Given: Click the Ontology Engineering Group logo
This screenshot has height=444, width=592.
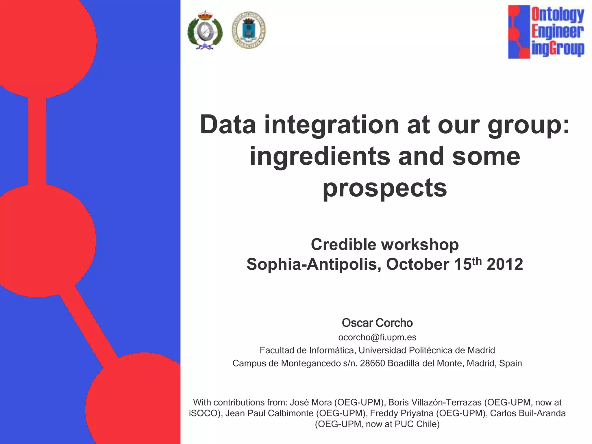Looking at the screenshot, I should click(546, 32).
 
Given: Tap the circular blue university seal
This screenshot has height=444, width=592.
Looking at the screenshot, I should click(249, 30).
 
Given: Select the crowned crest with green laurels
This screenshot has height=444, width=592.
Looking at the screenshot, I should click(205, 31).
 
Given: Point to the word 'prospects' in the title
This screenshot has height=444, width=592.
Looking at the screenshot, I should click(384, 188).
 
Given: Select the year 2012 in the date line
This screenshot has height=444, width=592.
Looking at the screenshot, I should click(505, 264).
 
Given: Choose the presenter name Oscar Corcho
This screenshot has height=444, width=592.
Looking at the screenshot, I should click(377, 323).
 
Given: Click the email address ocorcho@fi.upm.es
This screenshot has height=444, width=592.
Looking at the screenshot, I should click(377, 337).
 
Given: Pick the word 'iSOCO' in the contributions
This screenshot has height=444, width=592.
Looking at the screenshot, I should click(204, 413).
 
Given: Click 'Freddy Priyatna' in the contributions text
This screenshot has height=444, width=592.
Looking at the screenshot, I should click(402, 413).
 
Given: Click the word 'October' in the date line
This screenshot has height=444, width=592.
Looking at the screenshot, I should click(417, 264).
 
